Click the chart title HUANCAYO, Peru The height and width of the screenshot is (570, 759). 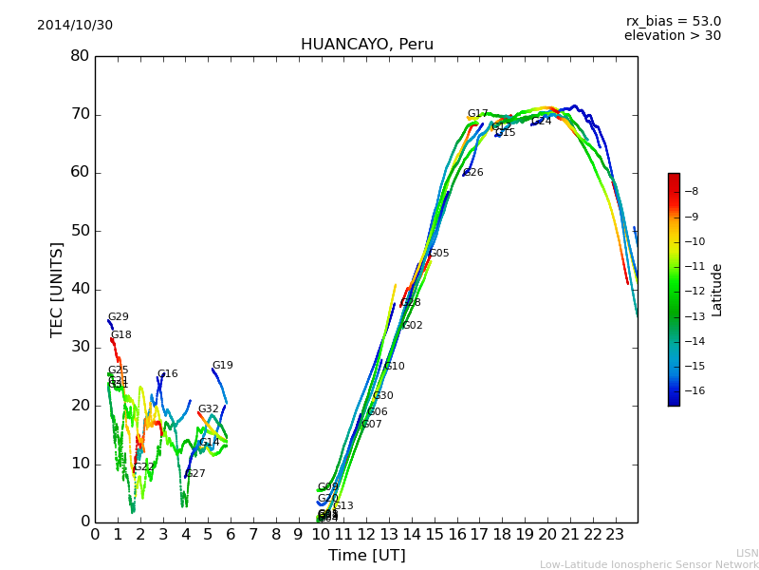366,45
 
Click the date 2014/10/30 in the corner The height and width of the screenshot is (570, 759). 75,26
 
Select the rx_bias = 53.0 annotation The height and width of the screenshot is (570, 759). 673,22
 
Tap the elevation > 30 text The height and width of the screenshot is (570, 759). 672,36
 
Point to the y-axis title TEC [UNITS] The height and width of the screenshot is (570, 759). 58,289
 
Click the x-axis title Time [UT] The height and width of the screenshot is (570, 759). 366,556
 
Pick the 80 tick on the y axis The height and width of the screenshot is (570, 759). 80,56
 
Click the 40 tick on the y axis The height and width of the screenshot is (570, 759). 80,289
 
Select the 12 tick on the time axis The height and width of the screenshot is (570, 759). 366,535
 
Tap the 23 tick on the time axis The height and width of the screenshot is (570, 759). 615,535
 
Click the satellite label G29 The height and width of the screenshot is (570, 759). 118,317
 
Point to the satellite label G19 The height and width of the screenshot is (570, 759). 222,366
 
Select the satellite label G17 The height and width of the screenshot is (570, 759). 477,114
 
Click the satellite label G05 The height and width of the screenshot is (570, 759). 439,254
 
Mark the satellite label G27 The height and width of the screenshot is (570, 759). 195,474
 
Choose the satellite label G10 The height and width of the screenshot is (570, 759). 394,367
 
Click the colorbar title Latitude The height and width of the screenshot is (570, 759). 717,289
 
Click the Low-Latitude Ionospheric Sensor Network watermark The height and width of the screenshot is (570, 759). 649,565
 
